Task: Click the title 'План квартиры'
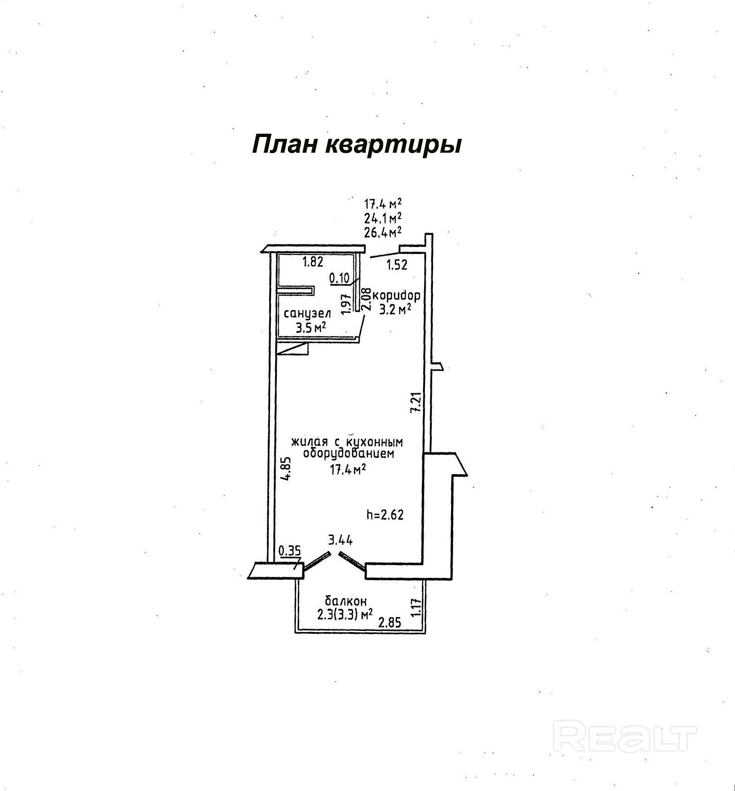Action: click(x=357, y=144)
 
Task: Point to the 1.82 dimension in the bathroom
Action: click(x=313, y=262)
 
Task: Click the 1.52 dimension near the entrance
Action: click(x=397, y=265)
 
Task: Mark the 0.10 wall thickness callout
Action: click(x=339, y=278)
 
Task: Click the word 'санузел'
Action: click(x=307, y=314)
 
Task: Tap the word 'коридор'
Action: click(x=396, y=296)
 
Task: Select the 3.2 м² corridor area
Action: click(x=395, y=309)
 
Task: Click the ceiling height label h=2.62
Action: click(x=385, y=516)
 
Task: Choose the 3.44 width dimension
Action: click(x=340, y=540)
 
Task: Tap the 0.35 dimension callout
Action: click(x=290, y=551)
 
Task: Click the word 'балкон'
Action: click(x=346, y=601)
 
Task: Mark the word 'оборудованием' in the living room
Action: click(x=349, y=454)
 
